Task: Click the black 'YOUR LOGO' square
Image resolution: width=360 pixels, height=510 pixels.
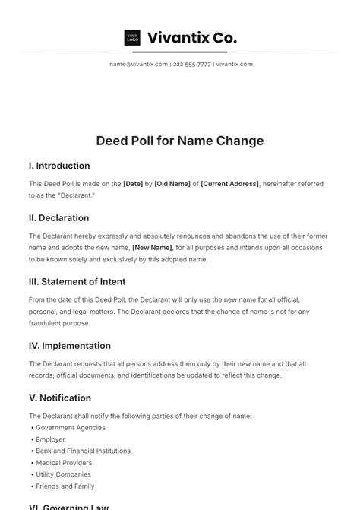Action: pyautogui.click(x=132, y=37)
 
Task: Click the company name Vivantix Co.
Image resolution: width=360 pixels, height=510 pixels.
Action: pyautogui.click(x=191, y=37)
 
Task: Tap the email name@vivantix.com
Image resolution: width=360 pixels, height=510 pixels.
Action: pyautogui.click(x=138, y=64)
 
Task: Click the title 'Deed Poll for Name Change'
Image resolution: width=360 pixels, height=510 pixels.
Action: pyautogui.click(x=180, y=141)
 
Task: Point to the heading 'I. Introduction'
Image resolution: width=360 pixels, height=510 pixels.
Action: pyautogui.click(x=59, y=166)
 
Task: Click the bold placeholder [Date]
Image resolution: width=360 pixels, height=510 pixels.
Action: pyautogui.click(x=133, y=184)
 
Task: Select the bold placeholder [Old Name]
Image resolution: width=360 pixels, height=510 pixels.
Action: pyautogui.click(x=172, y=184)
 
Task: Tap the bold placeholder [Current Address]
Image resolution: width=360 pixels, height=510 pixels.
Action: pyautogui.click(x=229, y=184)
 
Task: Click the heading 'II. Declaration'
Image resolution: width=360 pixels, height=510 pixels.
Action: pyautogui.click(x=60, y=217)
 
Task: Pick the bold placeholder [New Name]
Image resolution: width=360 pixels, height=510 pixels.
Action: pyautogui.click(x=152, y=247)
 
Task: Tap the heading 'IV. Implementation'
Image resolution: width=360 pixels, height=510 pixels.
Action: pyautogui.click(x=70, y=345)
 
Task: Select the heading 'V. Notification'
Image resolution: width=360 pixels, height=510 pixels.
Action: pyautogui.click(x=60, y=398)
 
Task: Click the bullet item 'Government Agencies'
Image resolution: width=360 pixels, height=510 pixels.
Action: pyautogui.click(x=69, y=427)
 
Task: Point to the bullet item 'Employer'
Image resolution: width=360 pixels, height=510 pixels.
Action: pyautogui.click(x=50, y=439)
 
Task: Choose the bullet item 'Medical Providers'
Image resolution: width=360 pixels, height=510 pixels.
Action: pyautogui.click(x=64, y=463)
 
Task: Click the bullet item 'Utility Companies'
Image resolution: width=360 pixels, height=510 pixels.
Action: pyautogui.click(x=64, y=474)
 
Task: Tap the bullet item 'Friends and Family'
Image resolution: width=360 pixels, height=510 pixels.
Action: pyautogui.click(x=65, y=486)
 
